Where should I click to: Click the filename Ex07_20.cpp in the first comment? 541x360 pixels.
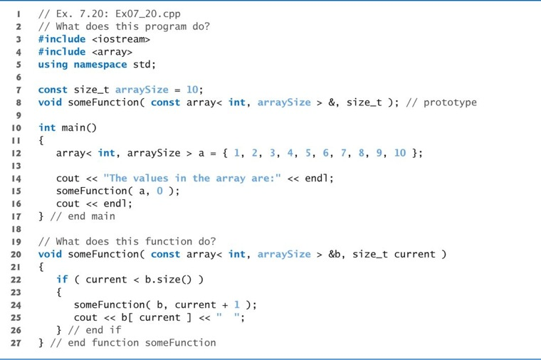click(x=147, y=14)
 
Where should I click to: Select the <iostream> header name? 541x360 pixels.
click(x=121, y=39)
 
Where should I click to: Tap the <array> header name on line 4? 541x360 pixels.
click(x=112, y=52)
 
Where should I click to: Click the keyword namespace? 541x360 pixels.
click(x=100, y=65)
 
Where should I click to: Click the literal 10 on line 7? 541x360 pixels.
click(x=192, y=90)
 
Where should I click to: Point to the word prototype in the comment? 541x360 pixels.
click(x=450, y=102)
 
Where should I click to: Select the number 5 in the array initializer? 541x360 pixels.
click(x=308, y=153)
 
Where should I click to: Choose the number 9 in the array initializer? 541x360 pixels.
click(x=379, y=153)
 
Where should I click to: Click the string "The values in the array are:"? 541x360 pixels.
click(x=192, y=179)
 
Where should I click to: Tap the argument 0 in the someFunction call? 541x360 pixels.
click(x=159, y=191)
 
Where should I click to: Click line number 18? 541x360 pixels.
click(x=16, y=229)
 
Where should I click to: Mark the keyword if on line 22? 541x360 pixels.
click(x=62, y=280)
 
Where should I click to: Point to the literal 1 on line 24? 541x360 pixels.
click(x=236, y=305)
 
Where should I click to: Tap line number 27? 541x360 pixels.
click(x=16, y=343)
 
